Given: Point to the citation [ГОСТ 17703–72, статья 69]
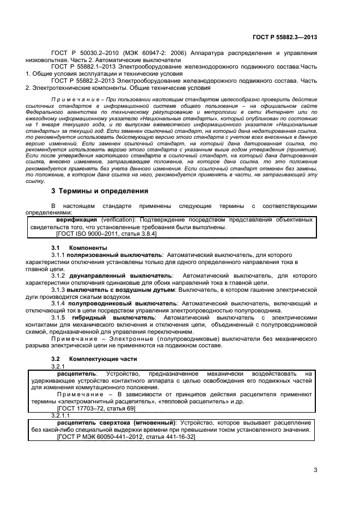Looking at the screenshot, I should (x=96, y=408).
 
